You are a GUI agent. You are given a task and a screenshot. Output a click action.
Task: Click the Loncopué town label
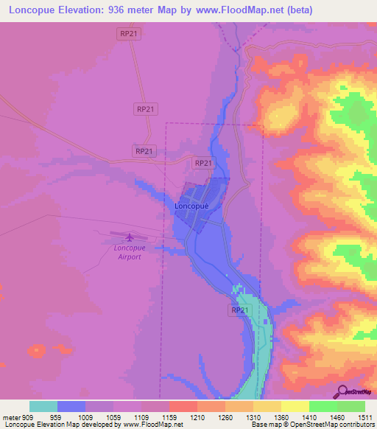[192, 207]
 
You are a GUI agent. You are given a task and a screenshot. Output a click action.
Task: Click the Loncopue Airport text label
[128, 253]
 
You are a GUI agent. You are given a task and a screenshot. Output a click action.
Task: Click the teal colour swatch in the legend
[43, 406]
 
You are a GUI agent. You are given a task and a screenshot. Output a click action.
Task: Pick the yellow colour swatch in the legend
[295, 406]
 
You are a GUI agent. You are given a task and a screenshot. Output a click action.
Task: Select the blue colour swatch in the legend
[71, 406]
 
